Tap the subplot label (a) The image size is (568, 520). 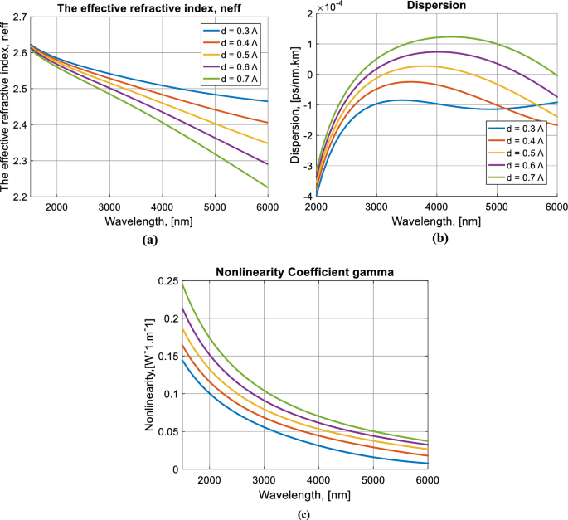tap(149, 239)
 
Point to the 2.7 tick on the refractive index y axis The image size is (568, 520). tap(17, 16)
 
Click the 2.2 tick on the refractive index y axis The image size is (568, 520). tap(17, 197)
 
